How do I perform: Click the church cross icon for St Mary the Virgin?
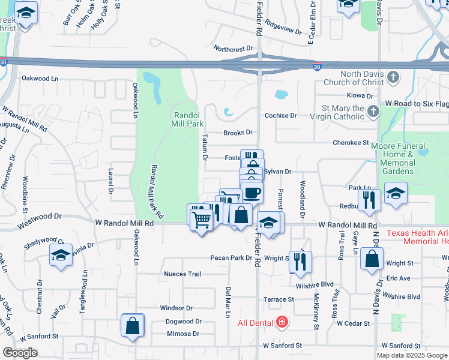[x=373, y=111]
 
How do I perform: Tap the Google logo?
[x=20, y=352]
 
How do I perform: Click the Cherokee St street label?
[x=351, y=143]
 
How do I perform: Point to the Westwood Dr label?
[x=40, y=218]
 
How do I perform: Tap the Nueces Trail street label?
[x=182, y=274]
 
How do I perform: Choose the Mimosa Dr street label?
[x=182, y=334]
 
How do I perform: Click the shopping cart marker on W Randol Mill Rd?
[x=201, y=220]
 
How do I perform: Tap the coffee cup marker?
[x=252, y=193]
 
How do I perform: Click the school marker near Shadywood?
[x=61, y=256]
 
